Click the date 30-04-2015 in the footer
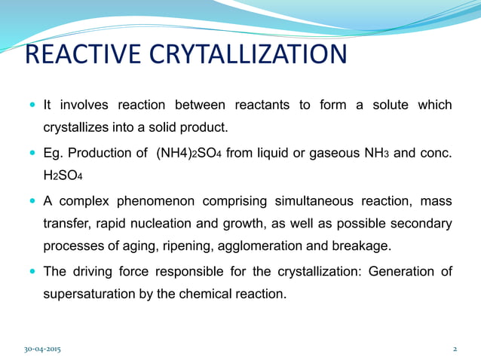coord(44,349)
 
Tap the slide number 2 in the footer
coord(455,349)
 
